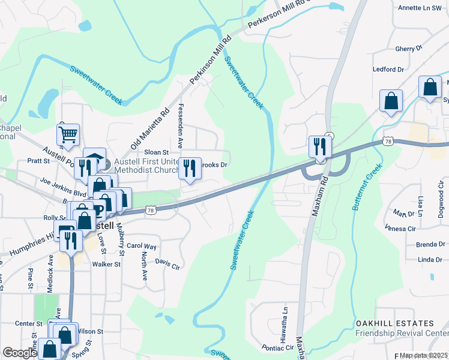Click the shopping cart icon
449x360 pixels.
pyautogui.click(x=68, y=135)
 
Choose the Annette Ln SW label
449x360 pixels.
pyautogui.click(x=424, y=8)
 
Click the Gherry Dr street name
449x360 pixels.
pyautogui.click(x=409, y=49)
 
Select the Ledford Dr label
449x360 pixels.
pyautogui.click(x=388, y=69)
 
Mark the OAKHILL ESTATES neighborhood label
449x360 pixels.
pyautogui.click(x=391, y=323)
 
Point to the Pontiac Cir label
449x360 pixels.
pyautogui.click(x=277, y=347)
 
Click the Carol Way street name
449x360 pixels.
pyautogui.click(x=141, y=246)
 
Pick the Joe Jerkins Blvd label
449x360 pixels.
pyautogui.click(x=63, y=187)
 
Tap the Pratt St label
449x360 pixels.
pyautogui.click(x=38, y=161)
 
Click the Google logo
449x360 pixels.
pyautogui.click(x=19, y=353)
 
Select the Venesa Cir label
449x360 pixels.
pyautogui.click(x=403, y=229)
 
